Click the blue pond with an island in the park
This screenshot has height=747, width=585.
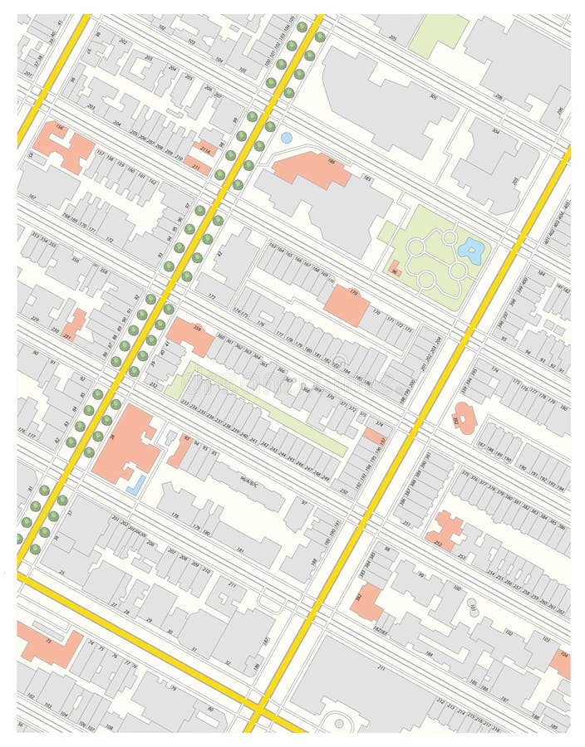(472, 250)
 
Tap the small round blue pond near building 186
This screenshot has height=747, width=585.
(287, 138)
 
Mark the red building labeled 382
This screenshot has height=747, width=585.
(366, 602)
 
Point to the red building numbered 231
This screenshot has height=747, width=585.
(74, 323)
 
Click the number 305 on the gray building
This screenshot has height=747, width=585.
(433, 97)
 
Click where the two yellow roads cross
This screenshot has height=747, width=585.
(258, 711)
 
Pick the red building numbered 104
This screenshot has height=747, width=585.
(562, 663)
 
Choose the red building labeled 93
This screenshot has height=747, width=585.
(180, 449)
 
